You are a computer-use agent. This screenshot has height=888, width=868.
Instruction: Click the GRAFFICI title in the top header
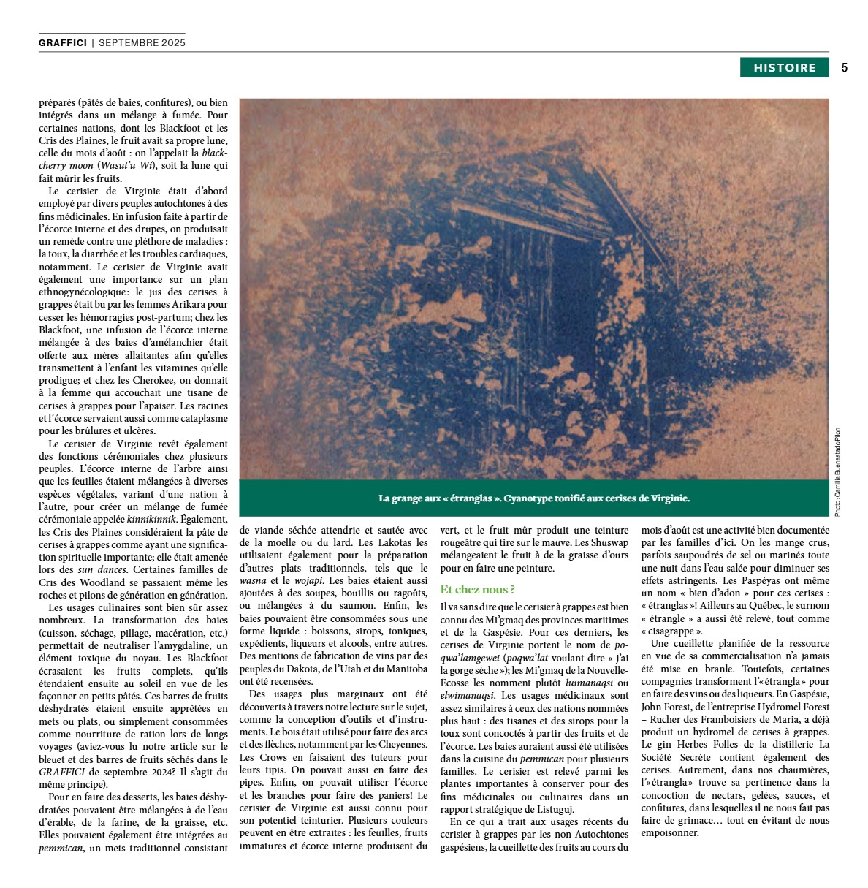[x=63, y=42]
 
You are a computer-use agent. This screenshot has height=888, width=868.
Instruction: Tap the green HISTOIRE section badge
[x=785, y=67]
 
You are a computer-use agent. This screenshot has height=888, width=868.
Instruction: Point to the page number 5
[x=845, y=67]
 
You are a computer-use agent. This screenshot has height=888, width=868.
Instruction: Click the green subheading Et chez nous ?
[x=478, y=589]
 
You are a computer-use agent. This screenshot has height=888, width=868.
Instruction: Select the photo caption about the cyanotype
[x=534, y=498]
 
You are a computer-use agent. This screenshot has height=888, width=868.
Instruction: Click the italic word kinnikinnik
[x=152, y=519]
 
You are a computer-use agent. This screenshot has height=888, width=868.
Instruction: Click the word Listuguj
[x=556, y=809]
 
